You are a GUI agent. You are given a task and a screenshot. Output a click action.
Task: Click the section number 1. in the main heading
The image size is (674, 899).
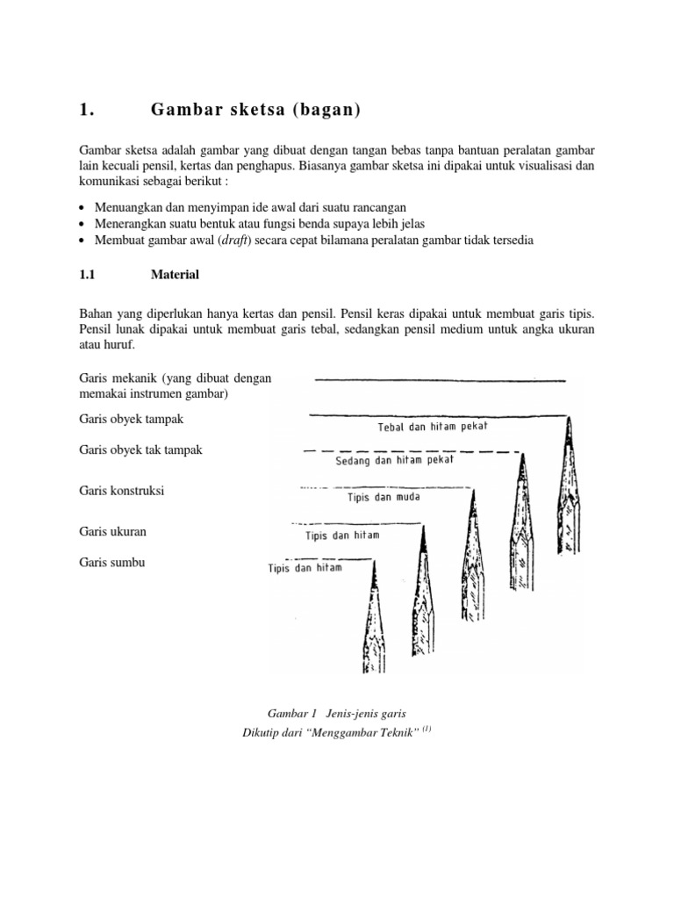pyautogui.click(x=85, y=110)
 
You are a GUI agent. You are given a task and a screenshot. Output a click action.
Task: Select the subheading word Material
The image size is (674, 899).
pyautogui.click(x=175, y=275)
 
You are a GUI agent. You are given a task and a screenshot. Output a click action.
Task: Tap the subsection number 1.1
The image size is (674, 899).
pyautogui.click(x=86, y=275)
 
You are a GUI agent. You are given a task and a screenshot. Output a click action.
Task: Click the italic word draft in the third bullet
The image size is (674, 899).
pyautogui.click(x=235, y=241)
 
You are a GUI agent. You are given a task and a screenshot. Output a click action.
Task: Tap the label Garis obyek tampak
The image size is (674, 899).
pyautogui.click(x=131, y=420)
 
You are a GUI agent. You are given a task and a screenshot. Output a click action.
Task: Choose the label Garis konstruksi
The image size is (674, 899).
pyautogui.click(x=122, y=491)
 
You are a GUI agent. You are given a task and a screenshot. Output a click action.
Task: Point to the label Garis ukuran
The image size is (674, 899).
pyautogui.click(x=112, y=531)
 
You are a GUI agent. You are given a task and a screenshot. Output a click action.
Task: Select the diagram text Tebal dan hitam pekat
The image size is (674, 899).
pyautogui.click(x=432, y=427)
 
